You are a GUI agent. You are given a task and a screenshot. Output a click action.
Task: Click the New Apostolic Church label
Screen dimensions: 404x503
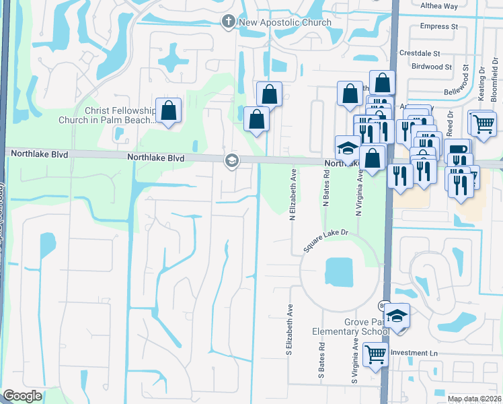[285, 22]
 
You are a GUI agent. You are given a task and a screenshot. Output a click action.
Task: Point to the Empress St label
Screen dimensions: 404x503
[438, 27]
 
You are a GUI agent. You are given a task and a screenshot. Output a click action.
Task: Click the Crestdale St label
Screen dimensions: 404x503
[419, 53]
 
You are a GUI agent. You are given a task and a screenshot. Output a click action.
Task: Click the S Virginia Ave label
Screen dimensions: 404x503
[354, 360]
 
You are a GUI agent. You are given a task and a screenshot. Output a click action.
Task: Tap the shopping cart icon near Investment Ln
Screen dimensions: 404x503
[376, 353]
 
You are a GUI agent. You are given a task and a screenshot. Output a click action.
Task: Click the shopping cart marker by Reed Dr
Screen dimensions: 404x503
[482, 123]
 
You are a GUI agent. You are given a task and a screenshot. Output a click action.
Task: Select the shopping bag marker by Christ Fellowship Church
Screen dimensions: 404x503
[168, 110]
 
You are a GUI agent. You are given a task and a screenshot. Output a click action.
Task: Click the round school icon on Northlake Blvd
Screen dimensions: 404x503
[231, 160]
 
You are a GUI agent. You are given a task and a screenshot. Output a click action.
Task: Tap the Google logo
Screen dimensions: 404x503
[22, 396]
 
